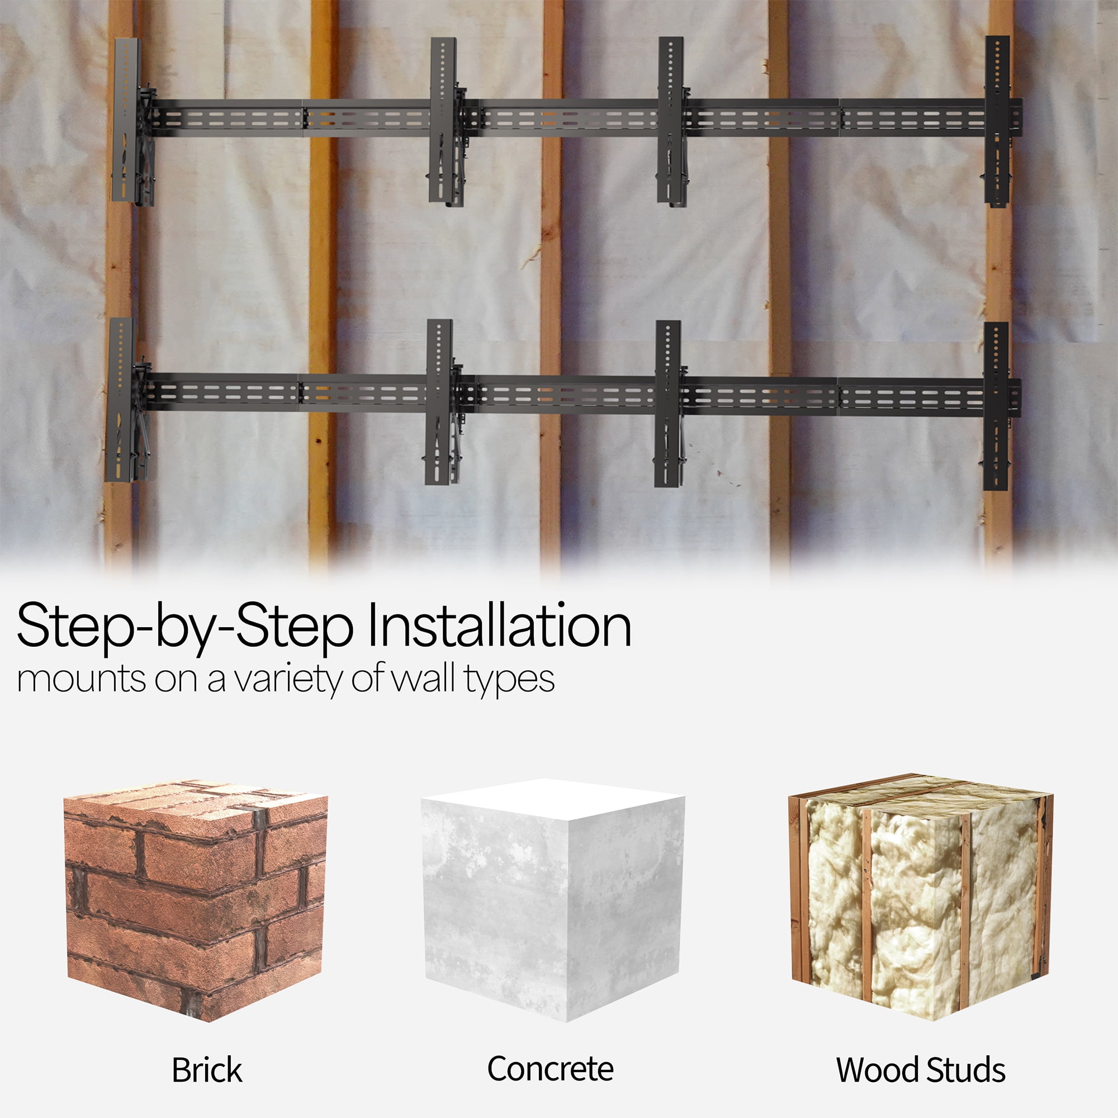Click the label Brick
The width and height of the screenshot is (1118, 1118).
click(x=207, y=1070)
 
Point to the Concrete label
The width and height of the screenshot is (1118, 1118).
click(x=550, y=1069)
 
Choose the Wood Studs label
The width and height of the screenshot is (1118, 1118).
click(x=921, y=1070)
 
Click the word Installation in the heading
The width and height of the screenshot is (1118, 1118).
click(x=499, y=627)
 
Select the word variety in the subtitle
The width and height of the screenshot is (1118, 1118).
click(x=290, y=680)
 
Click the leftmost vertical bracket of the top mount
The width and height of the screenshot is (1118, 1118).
click(x=132, y=122)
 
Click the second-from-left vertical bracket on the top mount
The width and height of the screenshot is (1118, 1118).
click(x=446, y=121)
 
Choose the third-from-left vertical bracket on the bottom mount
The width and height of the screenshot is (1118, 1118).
click(x=670, y=404)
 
